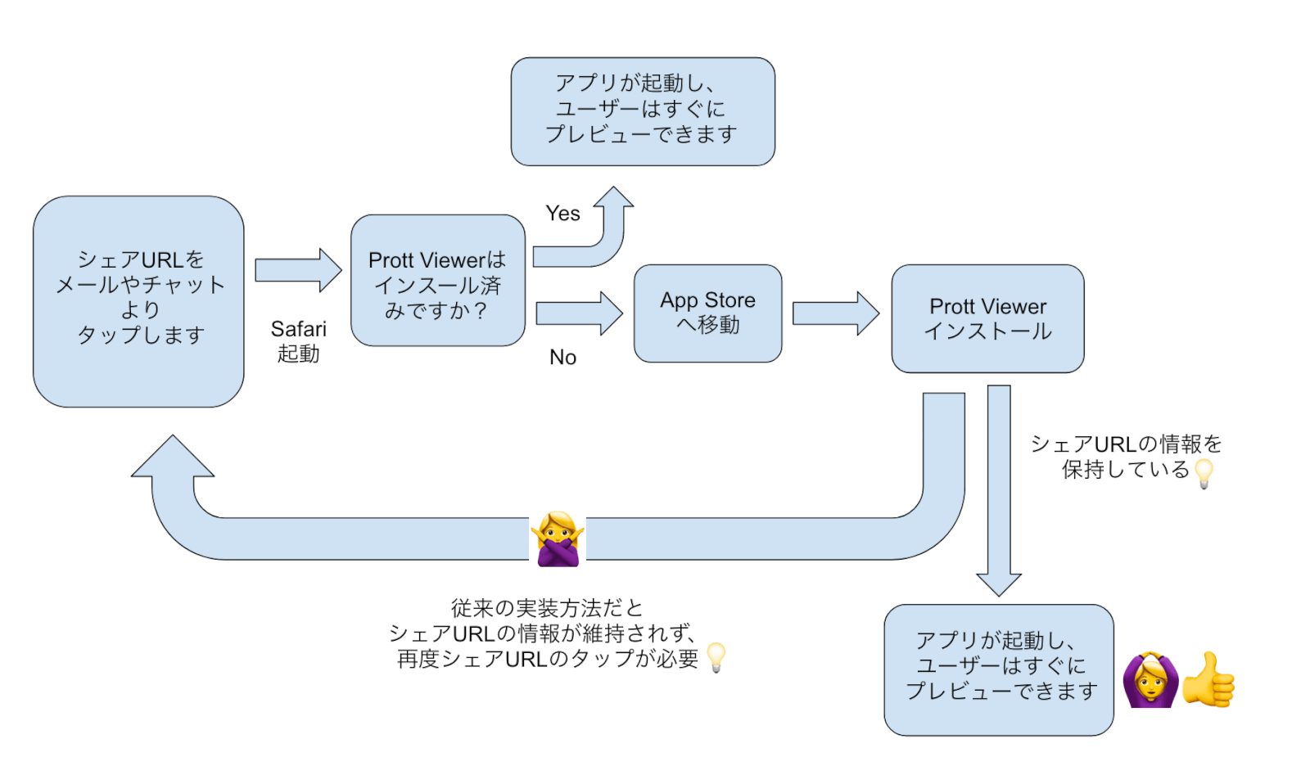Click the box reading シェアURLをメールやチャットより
point(138,301)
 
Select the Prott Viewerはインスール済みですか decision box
point(438,281)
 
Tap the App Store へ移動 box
point(707,313)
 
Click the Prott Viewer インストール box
point(987,318)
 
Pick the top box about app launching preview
point(643,111)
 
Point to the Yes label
point(562,214)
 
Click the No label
point(562,358)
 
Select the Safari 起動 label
point(298,341)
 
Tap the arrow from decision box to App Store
point(580,313)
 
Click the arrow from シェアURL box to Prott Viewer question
point(297,270)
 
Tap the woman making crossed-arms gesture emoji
point(558,539)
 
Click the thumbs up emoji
point(1209,679)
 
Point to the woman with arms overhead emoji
point(1150,679)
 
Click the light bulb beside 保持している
point(1204,473)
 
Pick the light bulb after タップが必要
point(716,657)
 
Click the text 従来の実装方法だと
point(547,608)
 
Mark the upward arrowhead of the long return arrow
point(173,458)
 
